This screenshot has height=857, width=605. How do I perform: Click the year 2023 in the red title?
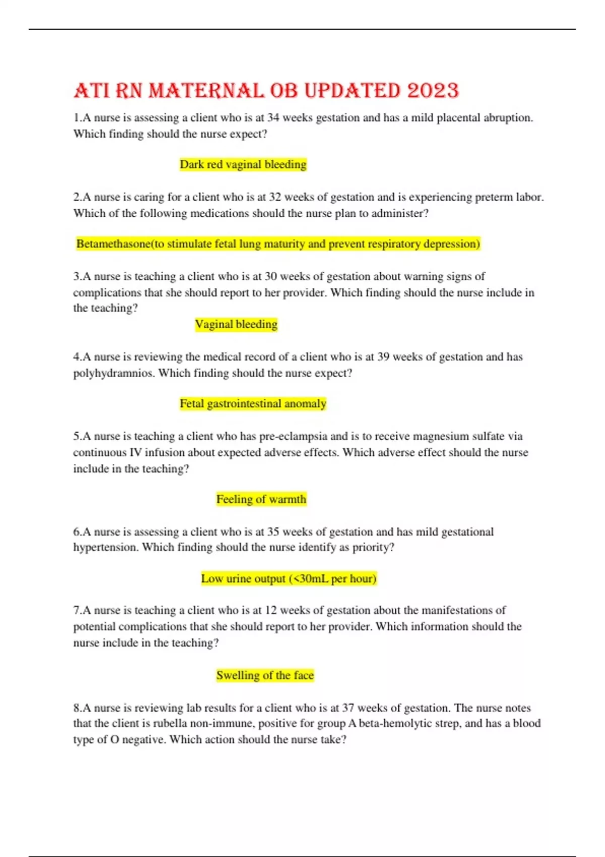[x=433, y=91]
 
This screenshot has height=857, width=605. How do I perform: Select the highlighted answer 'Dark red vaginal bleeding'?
[x=243, y=164]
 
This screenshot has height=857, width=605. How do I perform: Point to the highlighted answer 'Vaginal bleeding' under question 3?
[x=236, y=324]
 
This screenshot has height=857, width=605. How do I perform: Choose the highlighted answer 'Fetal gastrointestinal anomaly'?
[x=253, y=404]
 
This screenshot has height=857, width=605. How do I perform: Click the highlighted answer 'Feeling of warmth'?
[x=261, y=499]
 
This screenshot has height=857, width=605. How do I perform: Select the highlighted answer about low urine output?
[x=289, y=579]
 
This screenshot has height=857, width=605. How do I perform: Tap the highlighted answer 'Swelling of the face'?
[x=265, y=675]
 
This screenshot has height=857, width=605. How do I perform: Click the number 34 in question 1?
[x=273, y=118]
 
